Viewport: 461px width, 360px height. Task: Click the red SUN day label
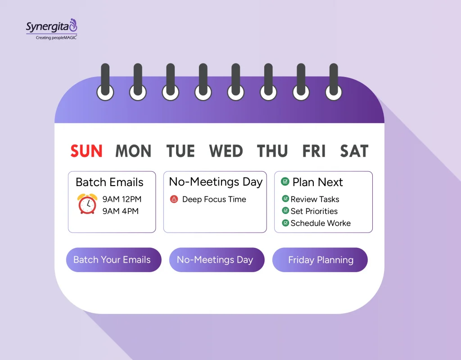point(86,151)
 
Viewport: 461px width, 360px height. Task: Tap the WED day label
point(226,151)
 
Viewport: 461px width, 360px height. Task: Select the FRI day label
point(314,151)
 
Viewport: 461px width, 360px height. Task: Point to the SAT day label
point(354,151)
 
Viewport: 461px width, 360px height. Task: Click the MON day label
point(133,151)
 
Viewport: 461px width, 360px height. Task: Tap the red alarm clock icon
point(87,204)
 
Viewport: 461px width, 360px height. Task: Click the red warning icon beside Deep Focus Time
point(174,199)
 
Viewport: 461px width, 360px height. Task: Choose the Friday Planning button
point(320,260)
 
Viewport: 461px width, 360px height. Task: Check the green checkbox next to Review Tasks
point(285,199)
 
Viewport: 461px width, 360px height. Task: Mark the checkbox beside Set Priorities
point(285,210)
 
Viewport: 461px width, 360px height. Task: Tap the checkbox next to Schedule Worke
point(285,223)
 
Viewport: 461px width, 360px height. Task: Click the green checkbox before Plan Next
point(285,182)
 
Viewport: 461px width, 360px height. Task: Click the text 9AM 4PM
point(120,211)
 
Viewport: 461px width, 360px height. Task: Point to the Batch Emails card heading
point(109,182)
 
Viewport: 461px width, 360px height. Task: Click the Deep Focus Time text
point(214,199)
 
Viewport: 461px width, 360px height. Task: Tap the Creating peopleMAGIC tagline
point(56,37)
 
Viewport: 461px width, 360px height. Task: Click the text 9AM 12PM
point(122,199)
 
